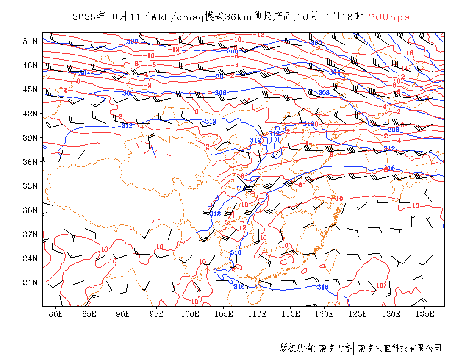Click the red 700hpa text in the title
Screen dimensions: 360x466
(389, 17)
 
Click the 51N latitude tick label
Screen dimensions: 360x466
(31, 41)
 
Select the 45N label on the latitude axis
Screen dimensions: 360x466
(31, 89)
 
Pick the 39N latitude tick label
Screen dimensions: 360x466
(31, 138)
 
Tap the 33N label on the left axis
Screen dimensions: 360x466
(31, 186)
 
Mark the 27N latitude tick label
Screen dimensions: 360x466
(31, 234)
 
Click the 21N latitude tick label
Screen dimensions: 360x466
(31, 282)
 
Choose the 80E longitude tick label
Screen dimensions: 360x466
(56, 314)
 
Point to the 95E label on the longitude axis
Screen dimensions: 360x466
(157, 314)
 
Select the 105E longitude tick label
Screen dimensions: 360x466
(224, 314)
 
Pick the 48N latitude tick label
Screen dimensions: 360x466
(31, 65)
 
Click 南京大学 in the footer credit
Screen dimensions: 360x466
(335, 348)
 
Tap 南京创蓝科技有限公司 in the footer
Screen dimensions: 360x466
(400, 348)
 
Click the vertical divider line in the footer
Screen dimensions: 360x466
(354, 348)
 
